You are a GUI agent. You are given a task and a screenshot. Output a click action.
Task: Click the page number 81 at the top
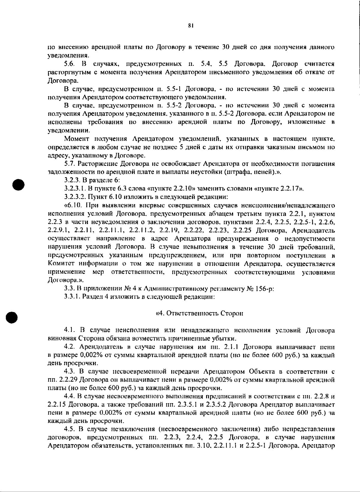point(190,26)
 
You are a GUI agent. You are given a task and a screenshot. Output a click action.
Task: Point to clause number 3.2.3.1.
point(74,189)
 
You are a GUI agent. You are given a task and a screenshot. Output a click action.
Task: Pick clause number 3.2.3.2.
point(74,197)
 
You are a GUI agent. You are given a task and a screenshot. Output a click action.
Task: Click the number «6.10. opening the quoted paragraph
point(73,206)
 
